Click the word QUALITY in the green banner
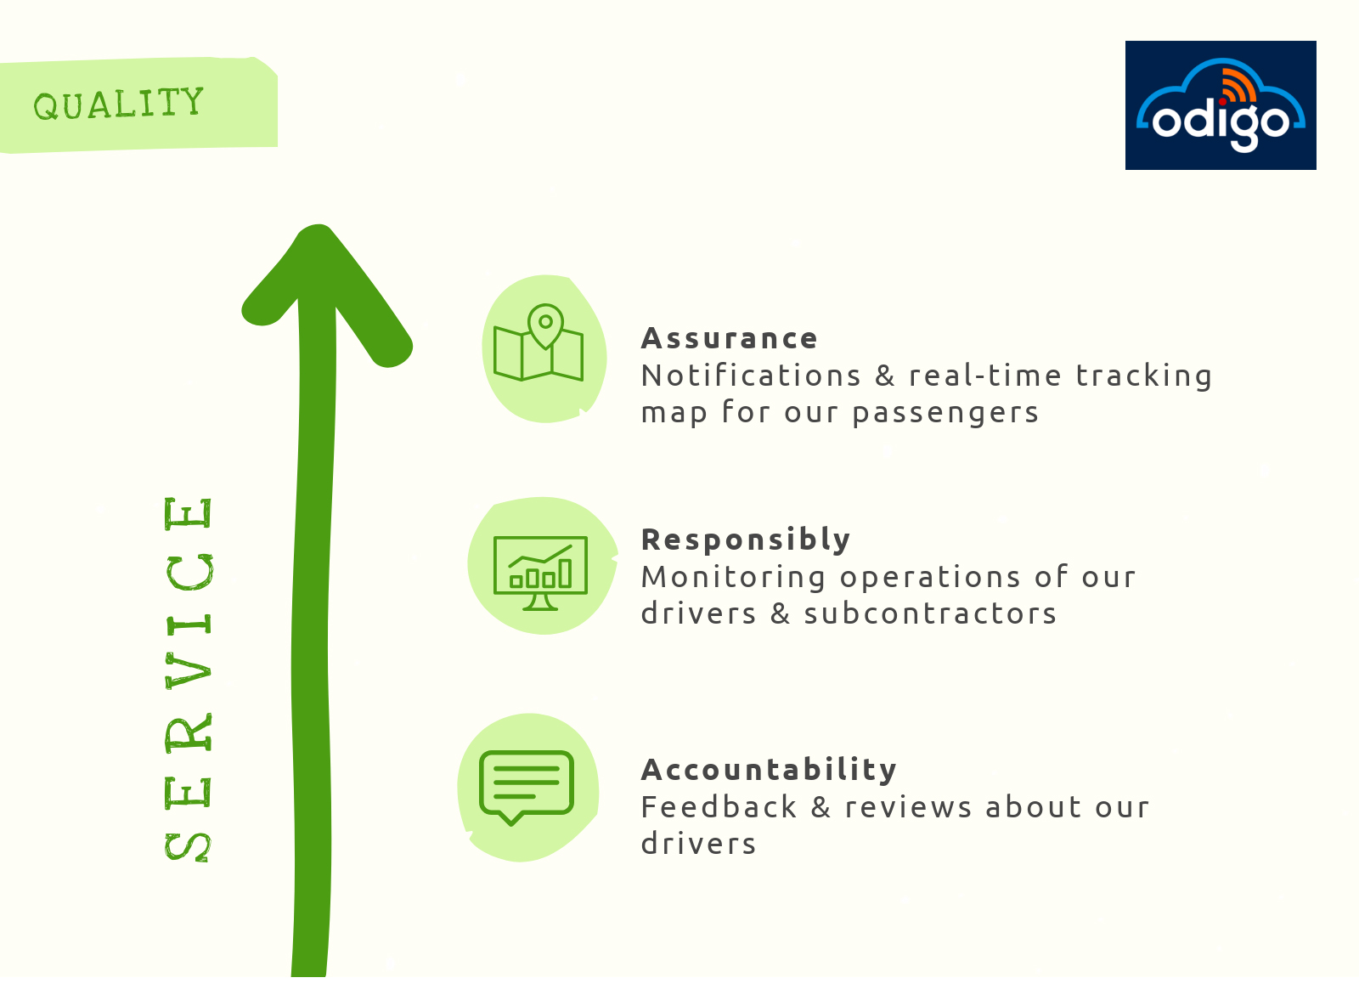pos(118,104)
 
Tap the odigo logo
pos(1221,105)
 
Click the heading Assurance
pos(730,338)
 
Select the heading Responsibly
pos(747,540)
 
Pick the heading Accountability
pos(770,771)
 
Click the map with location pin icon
pos(539,342)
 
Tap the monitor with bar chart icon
pos(540,573)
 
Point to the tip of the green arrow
pos(318,225)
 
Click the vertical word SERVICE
pos(189,680)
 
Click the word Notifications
pos(751,376)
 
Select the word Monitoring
pos(734,578)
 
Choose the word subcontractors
pos(931,613)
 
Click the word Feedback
pos(719,807)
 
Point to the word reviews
pos(909,808)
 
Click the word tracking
pos(1144,377)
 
